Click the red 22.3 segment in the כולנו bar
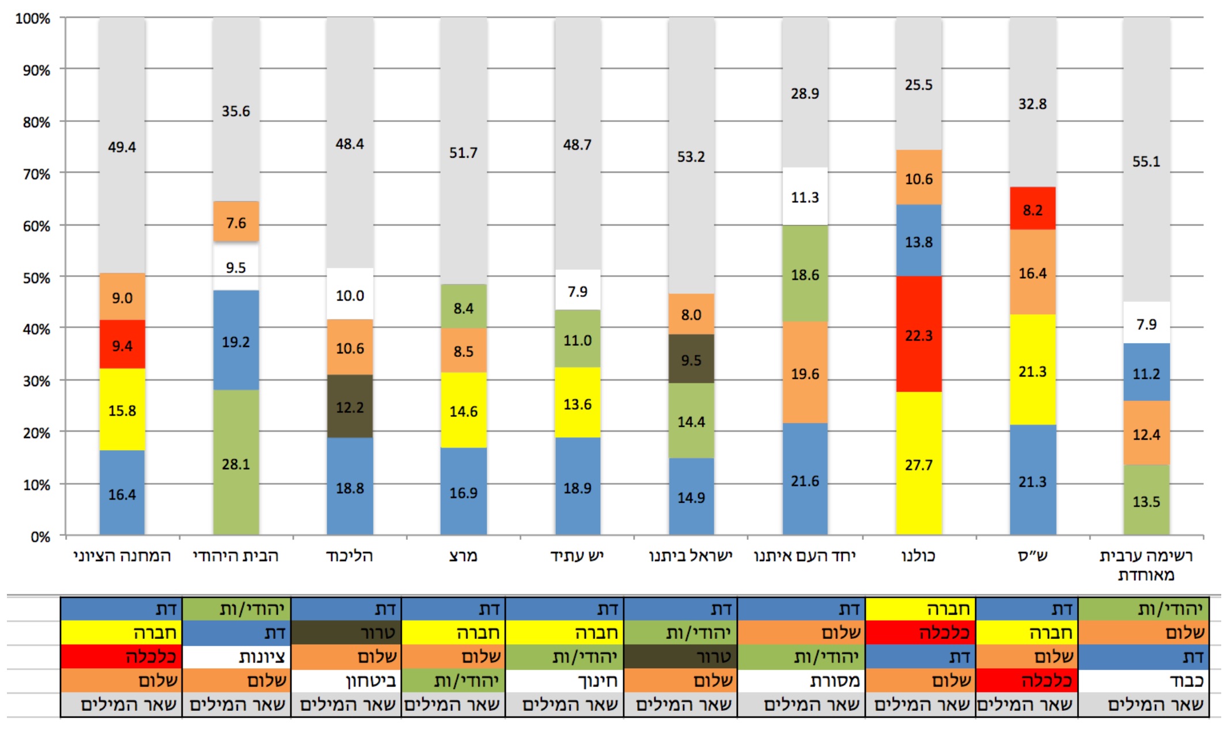point(918,334)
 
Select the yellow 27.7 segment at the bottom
point(918,464)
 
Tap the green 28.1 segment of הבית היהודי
point(236,463)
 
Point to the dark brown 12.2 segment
point(350,407)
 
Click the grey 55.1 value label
point(1146,161)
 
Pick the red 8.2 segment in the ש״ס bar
point(1032,209)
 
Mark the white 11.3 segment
point(805,197)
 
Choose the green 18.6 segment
point(805,274)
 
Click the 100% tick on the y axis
point(33,18)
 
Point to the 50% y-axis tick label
point(36,277)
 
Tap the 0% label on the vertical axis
point(40,536)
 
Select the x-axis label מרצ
point(463,555)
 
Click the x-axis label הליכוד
point(349,555)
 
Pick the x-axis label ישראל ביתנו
point(691,555)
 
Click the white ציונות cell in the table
point(237,657)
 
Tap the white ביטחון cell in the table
point(346,681)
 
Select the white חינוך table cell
point(565,681)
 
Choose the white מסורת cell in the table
point(801,681)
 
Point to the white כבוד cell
point(1143,681)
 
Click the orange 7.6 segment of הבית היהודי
point(236,222)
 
